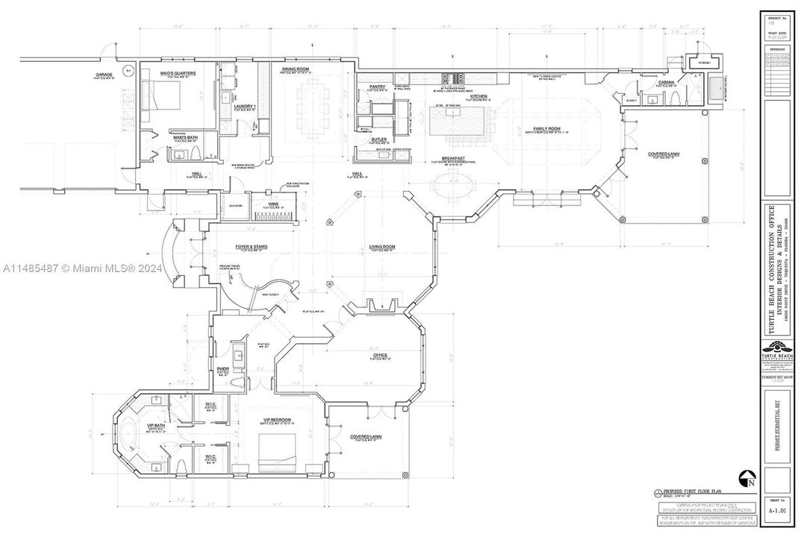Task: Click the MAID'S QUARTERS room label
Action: [178, 73]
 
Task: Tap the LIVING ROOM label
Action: [381, 247]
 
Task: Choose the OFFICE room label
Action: [381, 355]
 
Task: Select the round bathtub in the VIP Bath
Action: [128, 433]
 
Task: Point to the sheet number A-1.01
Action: [778, 512]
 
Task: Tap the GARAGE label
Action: [103, 75]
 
